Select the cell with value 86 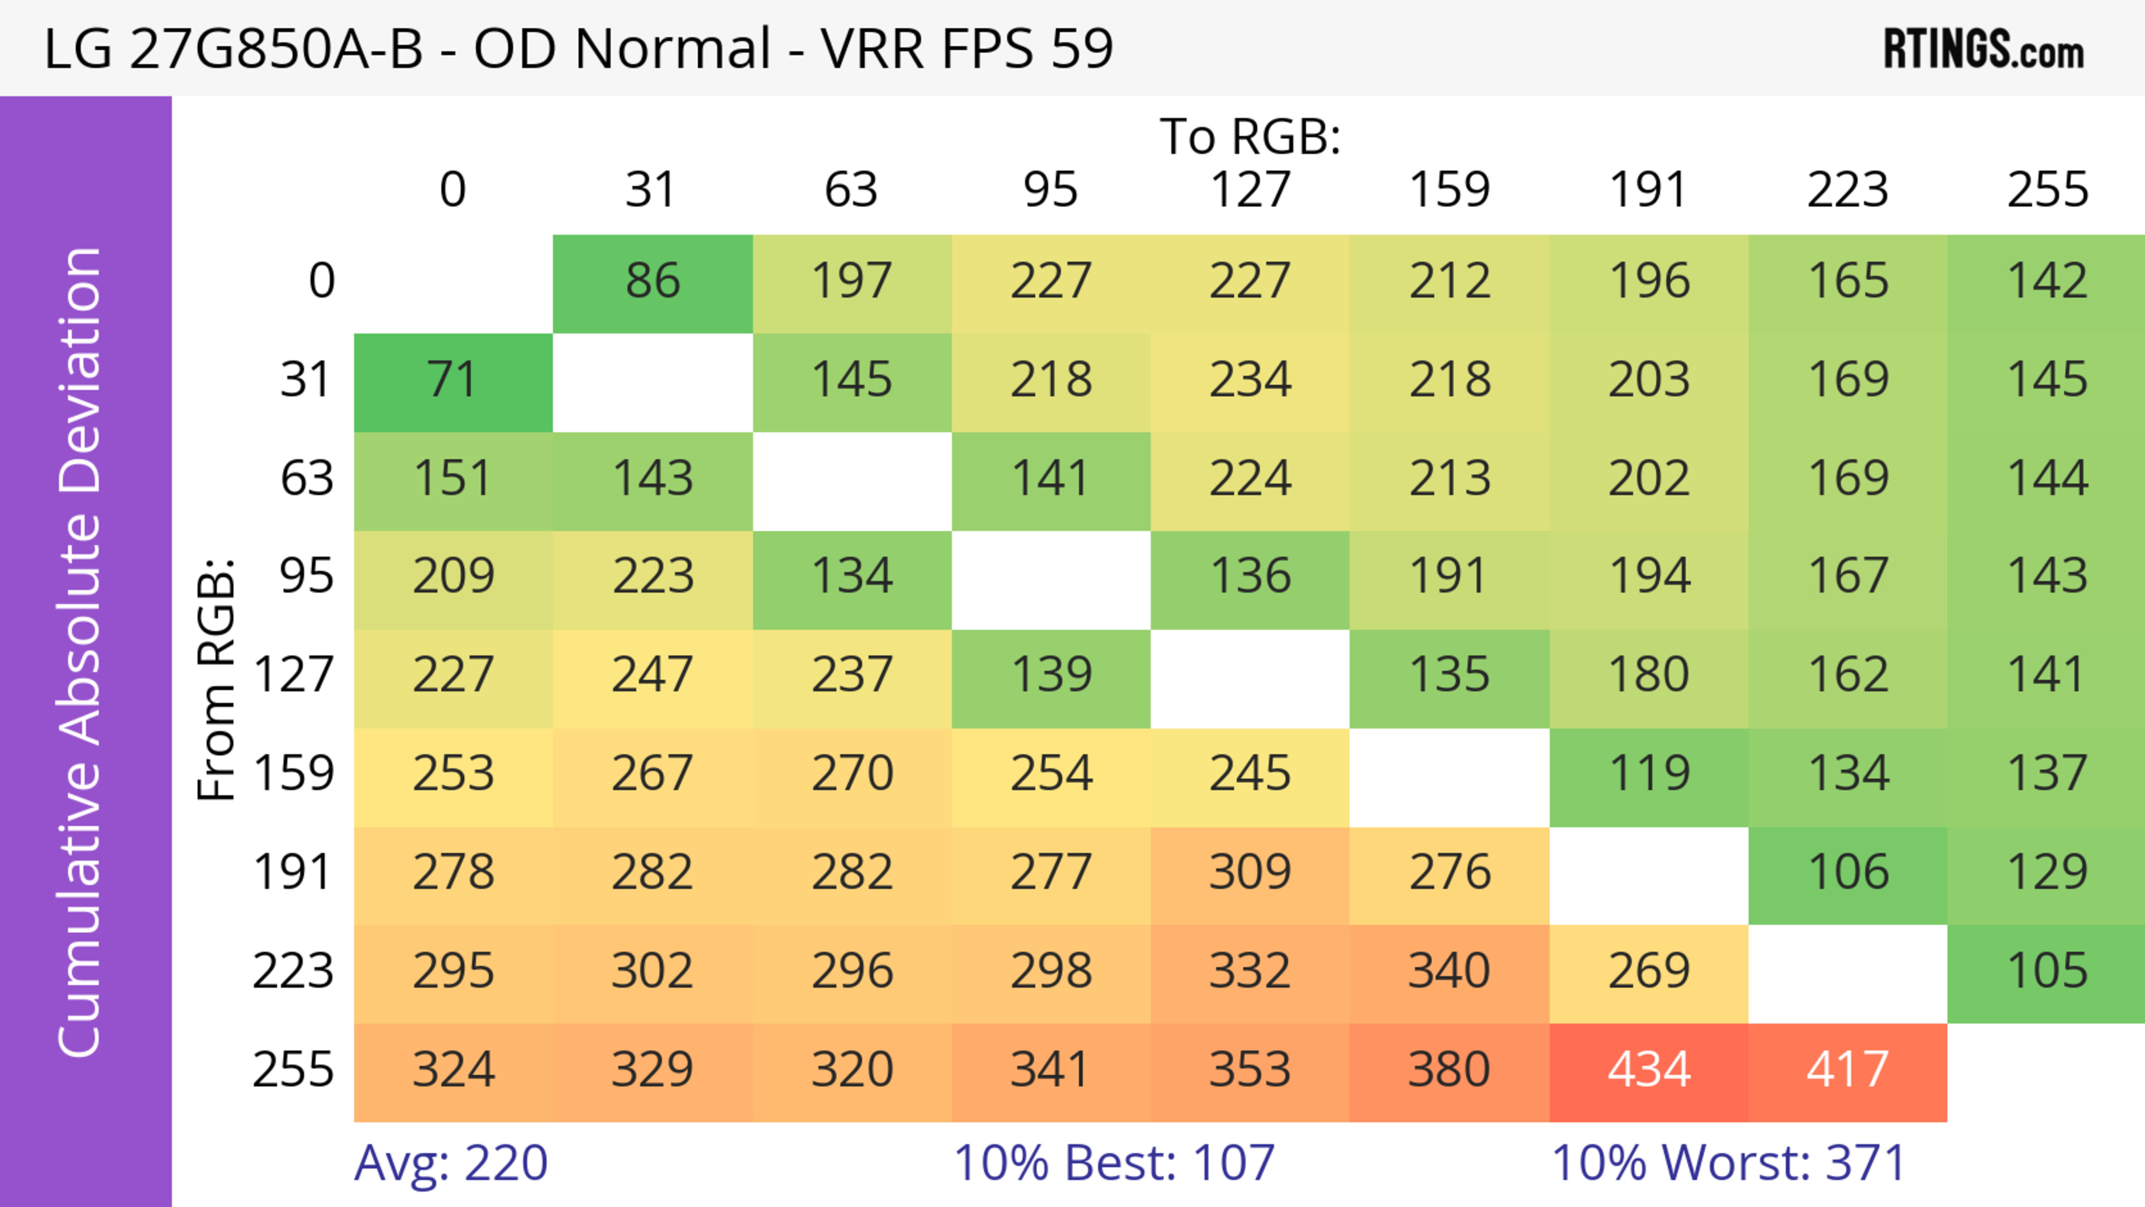pyautogui.click(x=653, y=282)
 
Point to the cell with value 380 pyautogui.click(x=1449, y=1070)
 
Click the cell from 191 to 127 pyautogui.click(x=1250, y=872)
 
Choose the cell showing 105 pyautogui.click(x=2047, y=971)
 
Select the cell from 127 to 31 pyautogui.click(x=653, y=675)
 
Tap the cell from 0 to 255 pyautogui.click(x=2047, y=282)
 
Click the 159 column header pyautogui.click(x=1449, y=190)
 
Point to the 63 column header pyautogui.click(x=851, y=190)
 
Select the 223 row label pyautogui.click(x=293, y=971)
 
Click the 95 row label pyautogui.click(x=307, y=576)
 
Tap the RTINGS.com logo pyautogui.click(x=1984, y=50)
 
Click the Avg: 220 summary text pyautogui.click(x=450, y=1163)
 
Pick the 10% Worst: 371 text pyautogui.click(x=1729, y=1163)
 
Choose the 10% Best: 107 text pyautogui.click(x=1114, y=1163)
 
